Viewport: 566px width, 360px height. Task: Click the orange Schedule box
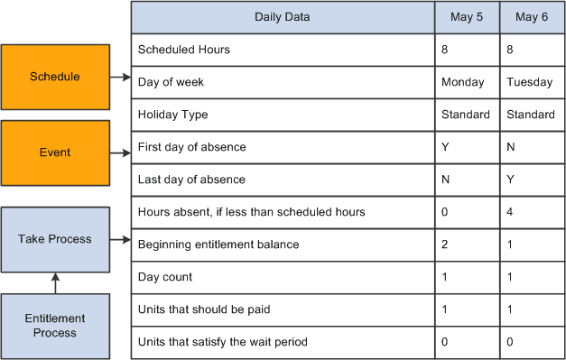[55, 77]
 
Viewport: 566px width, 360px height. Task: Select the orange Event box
[55, 152]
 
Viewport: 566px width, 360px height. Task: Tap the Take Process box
[55, 239]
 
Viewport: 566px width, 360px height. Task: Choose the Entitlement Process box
[55, 326]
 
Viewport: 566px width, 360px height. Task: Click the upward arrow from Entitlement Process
[55, 282]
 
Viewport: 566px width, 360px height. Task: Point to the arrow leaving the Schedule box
[121, 78]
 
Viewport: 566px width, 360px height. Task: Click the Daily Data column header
[282, 16]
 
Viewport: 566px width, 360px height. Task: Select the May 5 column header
[466, 16]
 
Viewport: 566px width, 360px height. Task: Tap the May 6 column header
[531, 16]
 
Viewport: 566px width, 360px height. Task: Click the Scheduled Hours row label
[184, 50]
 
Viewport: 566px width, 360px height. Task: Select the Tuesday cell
[530, 82]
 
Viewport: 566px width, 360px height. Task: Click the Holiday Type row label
[173, 115]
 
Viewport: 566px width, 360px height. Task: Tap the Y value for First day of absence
[445, 147]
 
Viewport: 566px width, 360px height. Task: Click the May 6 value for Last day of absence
[511, 180]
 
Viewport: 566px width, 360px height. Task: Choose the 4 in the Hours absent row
[511, 212]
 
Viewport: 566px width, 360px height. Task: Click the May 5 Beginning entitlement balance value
[445, 245]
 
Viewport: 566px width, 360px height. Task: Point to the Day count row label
[165, 277]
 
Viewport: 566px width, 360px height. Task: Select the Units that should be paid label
[204, 309]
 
